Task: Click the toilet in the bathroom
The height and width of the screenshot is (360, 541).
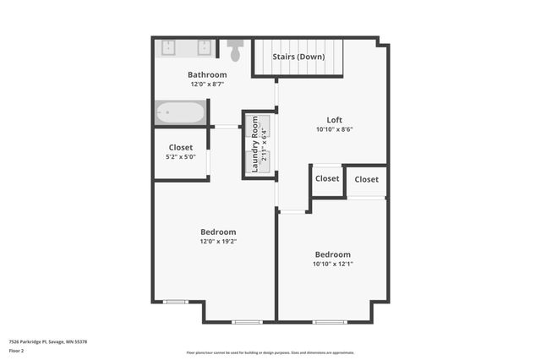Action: click(235, 51)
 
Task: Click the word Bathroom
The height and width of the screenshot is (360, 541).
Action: click(207, 74)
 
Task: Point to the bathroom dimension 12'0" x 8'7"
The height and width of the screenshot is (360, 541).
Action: click(207, 84)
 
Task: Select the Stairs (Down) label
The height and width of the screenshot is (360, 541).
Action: click(298, 57)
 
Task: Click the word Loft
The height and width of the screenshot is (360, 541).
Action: click(336, 119)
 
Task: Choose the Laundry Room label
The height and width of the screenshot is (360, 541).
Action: click(255, 144)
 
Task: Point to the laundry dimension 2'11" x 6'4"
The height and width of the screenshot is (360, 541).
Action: click(265, 144)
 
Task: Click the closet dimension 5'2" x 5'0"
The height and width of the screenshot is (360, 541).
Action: click(180, 156)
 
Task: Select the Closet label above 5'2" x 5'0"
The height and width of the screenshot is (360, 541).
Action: click(180, 146)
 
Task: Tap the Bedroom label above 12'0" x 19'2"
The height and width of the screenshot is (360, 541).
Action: click(218, 232)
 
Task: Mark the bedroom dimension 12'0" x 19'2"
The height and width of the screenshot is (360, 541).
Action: click(218, 242)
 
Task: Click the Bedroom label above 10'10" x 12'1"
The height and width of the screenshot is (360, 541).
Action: click(332, 254)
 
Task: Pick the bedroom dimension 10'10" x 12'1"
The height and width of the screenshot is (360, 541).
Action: click(332, 265)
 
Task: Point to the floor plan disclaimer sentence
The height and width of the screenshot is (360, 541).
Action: click(270, 352)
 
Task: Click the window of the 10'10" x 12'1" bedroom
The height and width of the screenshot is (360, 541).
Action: click(329, 322)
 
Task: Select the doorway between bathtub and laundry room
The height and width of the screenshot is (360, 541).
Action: click(226, 127)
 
